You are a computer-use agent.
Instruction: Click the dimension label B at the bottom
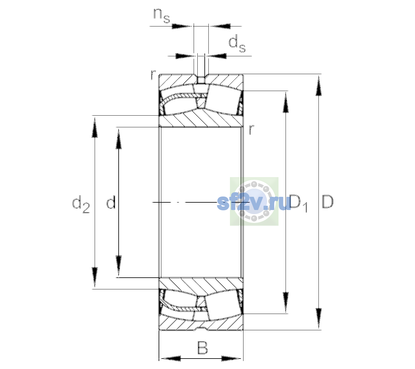pyautogui.click(x=203, y=347)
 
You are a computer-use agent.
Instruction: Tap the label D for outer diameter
pyautogui.click(x=327, y=202)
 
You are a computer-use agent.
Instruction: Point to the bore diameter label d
pyautogui.click(x=111, y=202)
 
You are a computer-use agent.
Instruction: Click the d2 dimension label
pyautogui.click(x=81, y=204)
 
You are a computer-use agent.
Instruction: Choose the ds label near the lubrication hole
pyautogui.click(x=237, y=44)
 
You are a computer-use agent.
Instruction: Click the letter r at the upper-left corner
pyautogui.click(x=153, y=75)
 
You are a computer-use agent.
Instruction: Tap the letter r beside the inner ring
pyautogui.click(x=251, y=129)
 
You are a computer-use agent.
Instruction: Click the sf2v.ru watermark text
pyautogui.click(x=254, y=202)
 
